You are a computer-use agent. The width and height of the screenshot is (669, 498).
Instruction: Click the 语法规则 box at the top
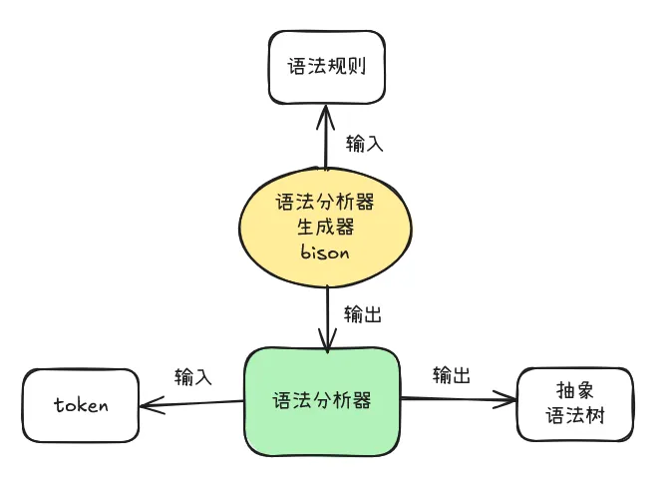coord(326,66)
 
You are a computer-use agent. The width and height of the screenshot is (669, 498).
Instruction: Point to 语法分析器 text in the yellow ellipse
coord(325,203)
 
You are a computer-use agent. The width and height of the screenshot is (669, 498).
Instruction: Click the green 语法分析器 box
coord(322,400)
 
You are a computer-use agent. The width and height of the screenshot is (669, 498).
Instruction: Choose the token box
coord(82,405)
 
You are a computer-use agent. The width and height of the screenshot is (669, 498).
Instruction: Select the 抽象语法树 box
coord(575,403)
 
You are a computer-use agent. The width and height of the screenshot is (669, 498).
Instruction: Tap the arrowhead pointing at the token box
coord(149,405)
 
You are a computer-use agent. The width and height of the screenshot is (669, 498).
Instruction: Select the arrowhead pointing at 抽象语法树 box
coord(510,400)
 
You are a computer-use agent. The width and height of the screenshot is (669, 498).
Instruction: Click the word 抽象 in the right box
coord(575,390)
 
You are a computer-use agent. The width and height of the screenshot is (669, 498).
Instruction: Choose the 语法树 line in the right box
coord(575,416)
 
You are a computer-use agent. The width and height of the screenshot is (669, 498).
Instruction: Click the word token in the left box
coord(81,405)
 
